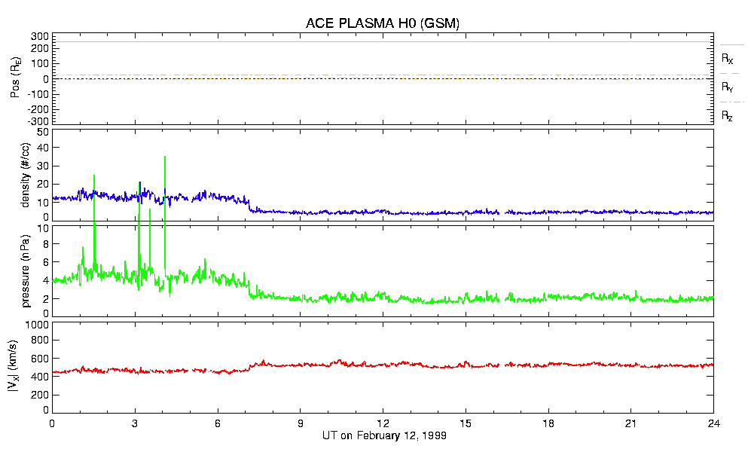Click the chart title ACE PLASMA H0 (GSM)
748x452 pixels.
383,23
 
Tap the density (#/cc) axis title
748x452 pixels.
25,176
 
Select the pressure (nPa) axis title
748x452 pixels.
25,269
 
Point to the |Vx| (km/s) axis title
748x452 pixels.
25,368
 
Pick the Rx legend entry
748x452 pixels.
728,57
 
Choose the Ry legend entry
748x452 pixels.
728,87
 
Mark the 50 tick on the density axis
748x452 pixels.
42,132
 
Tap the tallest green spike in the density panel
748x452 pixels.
164,157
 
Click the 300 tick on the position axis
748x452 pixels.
39,36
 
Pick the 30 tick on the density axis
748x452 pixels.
42,166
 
